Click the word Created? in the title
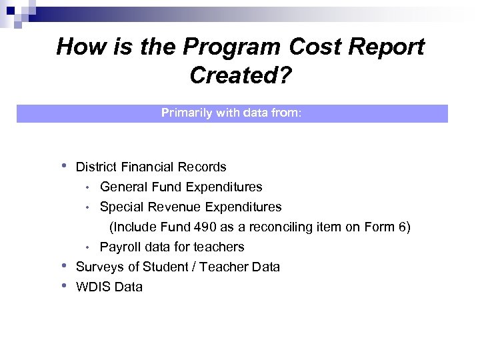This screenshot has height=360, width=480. (240, 75)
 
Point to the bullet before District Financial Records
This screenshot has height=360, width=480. (63, 165)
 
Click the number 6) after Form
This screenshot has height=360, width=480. (404, 227)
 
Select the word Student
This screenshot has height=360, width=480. (165, 267)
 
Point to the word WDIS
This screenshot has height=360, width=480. (93, 287)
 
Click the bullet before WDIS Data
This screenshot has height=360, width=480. (63, 285)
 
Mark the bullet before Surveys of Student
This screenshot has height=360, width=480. (63, 265)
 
